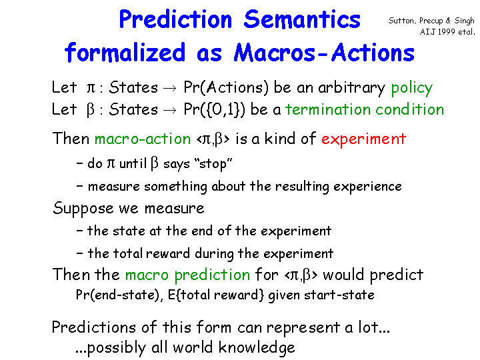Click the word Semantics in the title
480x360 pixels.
302,19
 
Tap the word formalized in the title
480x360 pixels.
125,52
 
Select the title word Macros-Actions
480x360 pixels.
324,53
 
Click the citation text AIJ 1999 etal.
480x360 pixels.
447,32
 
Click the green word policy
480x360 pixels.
412,88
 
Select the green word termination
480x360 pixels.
327,109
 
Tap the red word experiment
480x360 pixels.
364,139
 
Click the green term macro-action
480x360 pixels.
143,139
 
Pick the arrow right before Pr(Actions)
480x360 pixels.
170,89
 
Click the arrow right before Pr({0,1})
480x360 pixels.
170,110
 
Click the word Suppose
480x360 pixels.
83,209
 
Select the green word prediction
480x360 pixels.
212,275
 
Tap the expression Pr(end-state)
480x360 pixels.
119,295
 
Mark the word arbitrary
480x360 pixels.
352,88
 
